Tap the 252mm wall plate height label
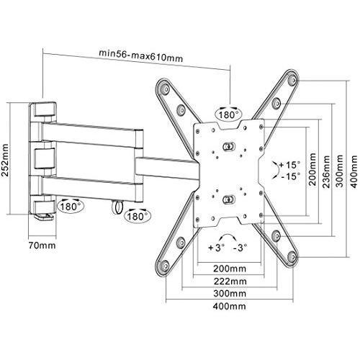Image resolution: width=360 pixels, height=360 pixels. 5,161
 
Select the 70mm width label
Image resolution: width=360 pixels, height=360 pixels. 42,245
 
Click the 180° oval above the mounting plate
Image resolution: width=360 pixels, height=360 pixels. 229,114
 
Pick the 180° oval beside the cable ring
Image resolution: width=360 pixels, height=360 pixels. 138,215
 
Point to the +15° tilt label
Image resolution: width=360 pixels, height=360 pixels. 289,165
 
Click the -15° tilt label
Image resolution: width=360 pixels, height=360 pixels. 290,176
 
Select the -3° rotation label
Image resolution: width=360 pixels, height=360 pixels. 240,248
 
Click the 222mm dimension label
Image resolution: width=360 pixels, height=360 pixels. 230,281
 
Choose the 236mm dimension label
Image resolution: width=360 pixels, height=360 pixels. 326,172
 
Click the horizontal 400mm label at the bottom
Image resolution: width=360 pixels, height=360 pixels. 230,306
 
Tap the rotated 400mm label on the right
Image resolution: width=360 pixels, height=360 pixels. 354,172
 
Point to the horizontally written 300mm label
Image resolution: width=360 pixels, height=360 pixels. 230,294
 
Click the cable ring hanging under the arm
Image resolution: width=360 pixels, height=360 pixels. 118,207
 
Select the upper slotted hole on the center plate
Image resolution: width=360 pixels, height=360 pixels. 228,145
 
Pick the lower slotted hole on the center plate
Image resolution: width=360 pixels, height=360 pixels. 228,199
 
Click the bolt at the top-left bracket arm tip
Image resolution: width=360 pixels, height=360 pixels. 166,89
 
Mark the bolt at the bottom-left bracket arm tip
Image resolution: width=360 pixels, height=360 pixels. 166,266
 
